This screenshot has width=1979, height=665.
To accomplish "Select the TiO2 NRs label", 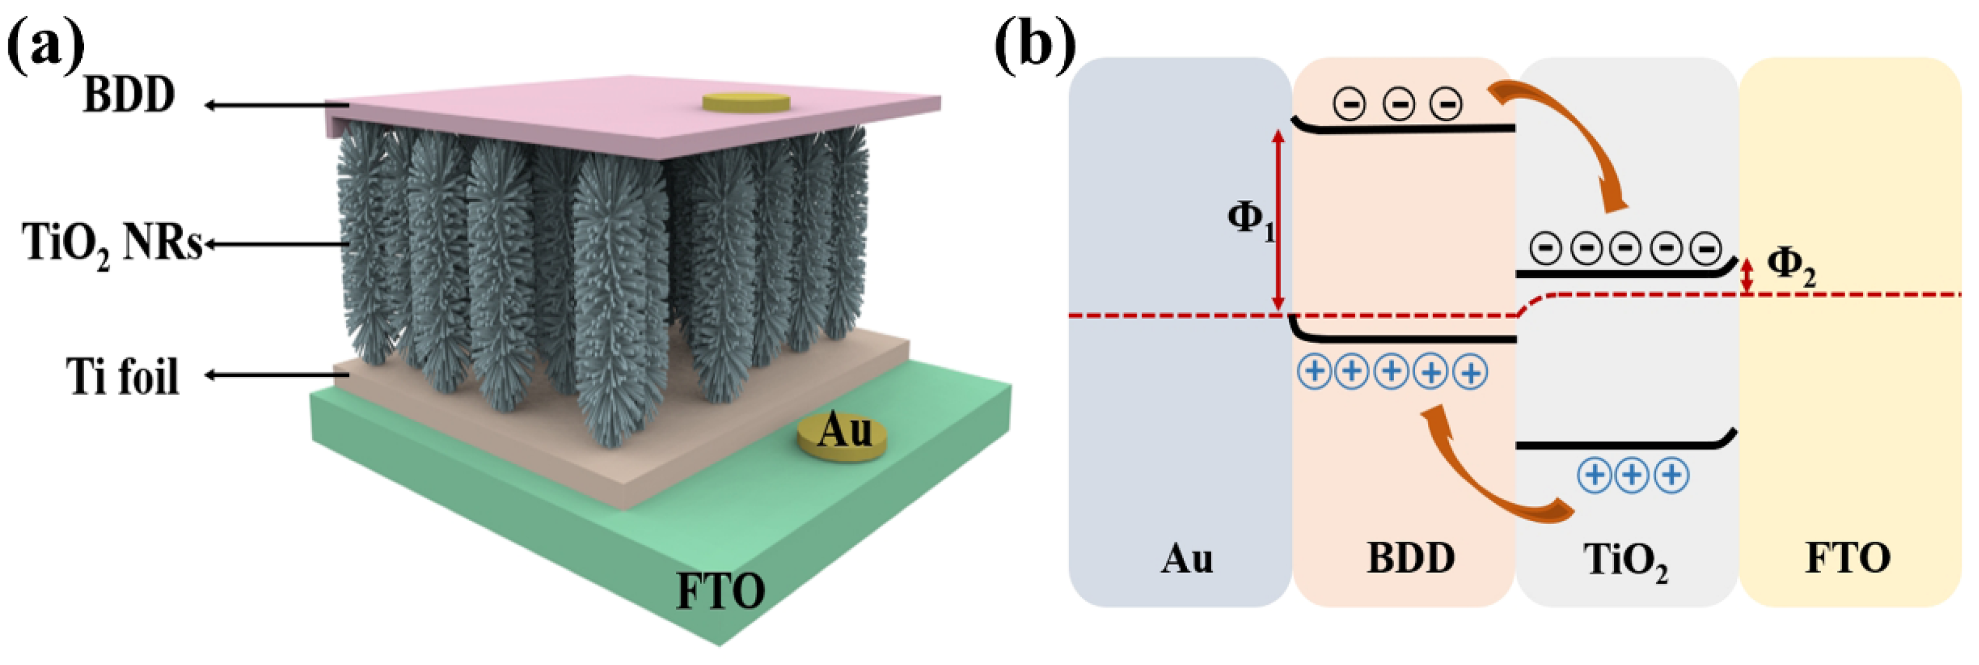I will tap(112, 244).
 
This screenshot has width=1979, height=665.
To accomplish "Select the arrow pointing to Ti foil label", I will tap(273, 375).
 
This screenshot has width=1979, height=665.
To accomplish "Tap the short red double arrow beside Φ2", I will tap(1747, 274).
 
